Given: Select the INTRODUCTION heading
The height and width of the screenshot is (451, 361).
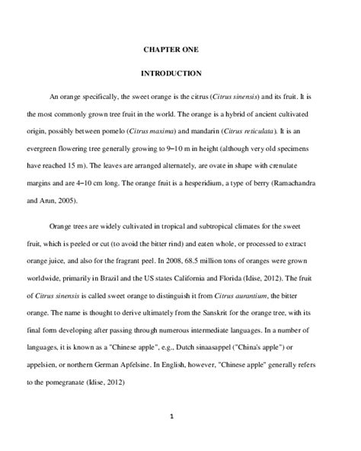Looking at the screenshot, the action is pos(171,74).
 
